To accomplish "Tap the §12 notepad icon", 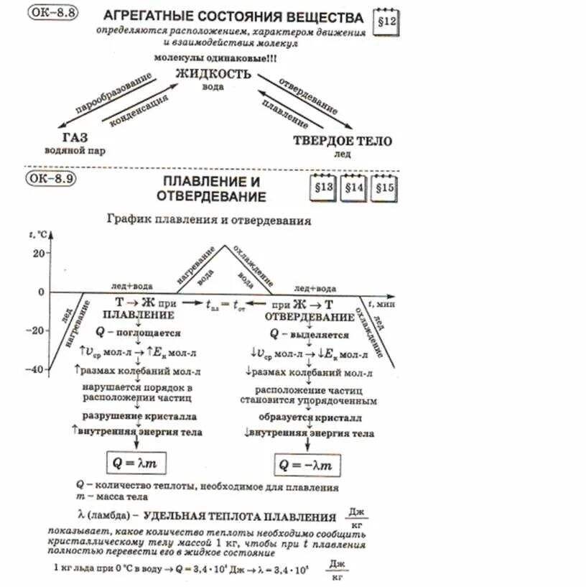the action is (x=386, y=23).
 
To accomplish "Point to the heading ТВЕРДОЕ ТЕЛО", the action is (x=343, y=141).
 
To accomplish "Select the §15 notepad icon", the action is (x=384, y=188).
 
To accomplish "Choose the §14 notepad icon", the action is (x=353, y=188).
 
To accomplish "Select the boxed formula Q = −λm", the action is (x=306, y=466).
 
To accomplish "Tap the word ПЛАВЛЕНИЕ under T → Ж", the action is (x=137, y=315).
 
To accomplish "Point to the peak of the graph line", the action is (x=225, y=246).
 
